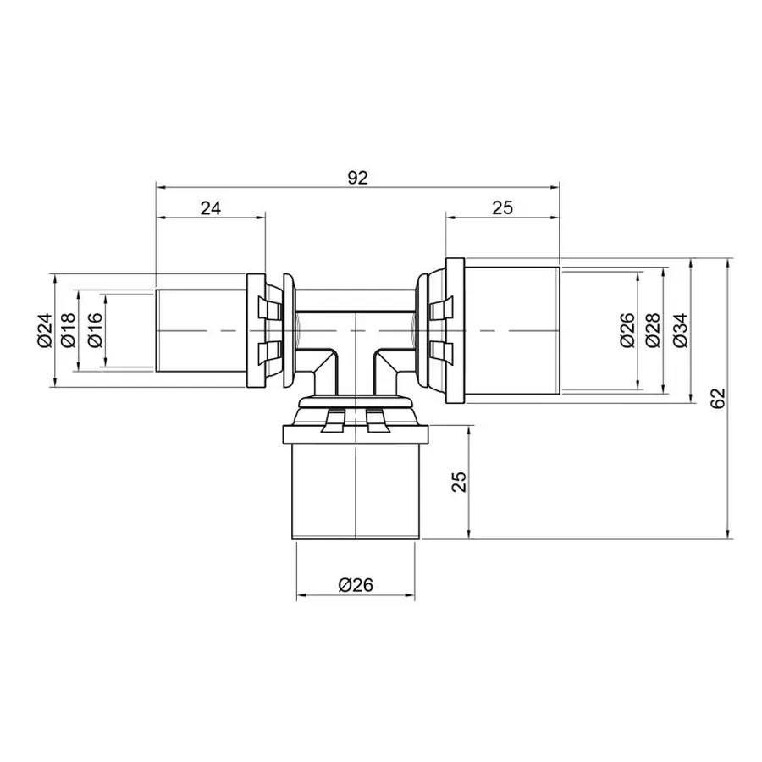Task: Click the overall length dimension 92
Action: pos(358,178)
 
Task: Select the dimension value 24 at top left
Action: pos(210,208)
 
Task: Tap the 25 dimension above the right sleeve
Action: pos(502,208)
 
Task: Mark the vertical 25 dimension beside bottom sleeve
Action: pos(458,482)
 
